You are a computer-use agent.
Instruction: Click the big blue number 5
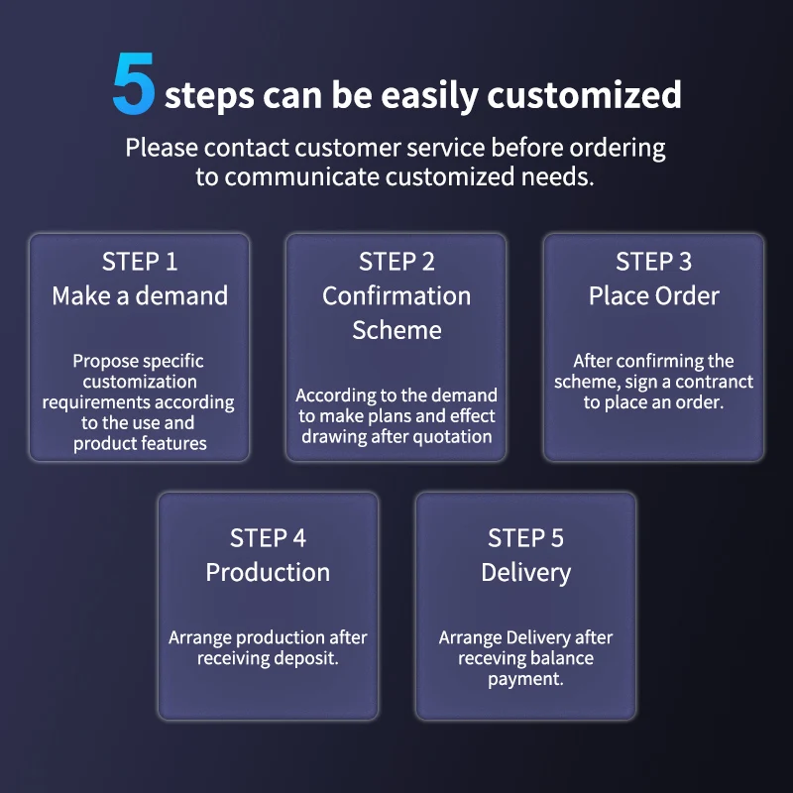pos(134,83)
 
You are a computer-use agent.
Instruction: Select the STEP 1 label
pos(140,262)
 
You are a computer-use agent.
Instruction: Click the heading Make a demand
pos(140,295)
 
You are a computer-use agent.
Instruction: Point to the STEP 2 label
pos(396,262)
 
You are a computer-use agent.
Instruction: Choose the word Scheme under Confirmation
pos(397,330)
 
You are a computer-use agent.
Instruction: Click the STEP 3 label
pos(653,262)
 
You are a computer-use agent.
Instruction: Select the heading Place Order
pos(654,295)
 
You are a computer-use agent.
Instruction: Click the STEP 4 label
pos(268,538)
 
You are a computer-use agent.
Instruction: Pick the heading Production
pos(268,573)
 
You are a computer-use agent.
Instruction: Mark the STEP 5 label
pos(525,538)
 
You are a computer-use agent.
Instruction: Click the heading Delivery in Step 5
pos(526,574)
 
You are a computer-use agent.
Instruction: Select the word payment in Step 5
pos(525,679)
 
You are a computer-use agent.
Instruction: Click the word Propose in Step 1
pos(103,362)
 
